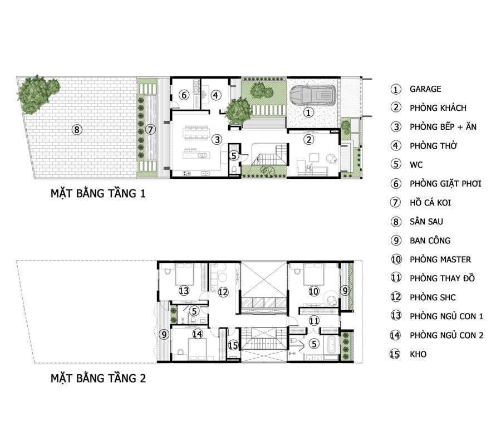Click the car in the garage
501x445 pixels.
pyautogui.click(x=313, y=95)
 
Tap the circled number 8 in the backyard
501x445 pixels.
pyautogui.click(x=77, y=129)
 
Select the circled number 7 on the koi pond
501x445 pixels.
pyautogui.click(x=150, y=129)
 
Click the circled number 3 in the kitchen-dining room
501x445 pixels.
pyautogui.click(x=217, y=139)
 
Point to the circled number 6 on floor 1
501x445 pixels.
pyautogui.click(x=184, y=95)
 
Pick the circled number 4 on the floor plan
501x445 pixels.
pyautogui.click(x=216, y=95)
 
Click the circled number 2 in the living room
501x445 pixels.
pyautogui.click(x=308, y=139)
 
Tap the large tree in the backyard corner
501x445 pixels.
pyautogui.click(x=38, y=94)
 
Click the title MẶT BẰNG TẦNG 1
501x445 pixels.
pyautogui.click(x=98, y=193)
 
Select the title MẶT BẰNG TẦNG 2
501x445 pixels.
pyautogui.click(x=98, y=379)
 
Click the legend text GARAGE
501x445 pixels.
pyautogui.click(x=425, y=89)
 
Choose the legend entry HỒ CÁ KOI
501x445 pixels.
pyautogui.click(x=430, y=203)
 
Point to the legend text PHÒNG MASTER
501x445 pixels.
pyautogui.click(x=440, y=260)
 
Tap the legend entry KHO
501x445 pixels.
pyautogui.click(x=418, y=354)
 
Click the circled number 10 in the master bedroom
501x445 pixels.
pyautogui.click(x=314, y=291)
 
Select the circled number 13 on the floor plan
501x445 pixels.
pyautogui.click(x=184, y=291)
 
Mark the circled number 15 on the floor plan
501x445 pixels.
pyautogui.click(x=233, y=345)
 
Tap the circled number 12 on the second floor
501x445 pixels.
pyautogui.click(x=223, y=291)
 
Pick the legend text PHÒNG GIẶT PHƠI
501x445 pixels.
pyautogui.click(x=445, y=183)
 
